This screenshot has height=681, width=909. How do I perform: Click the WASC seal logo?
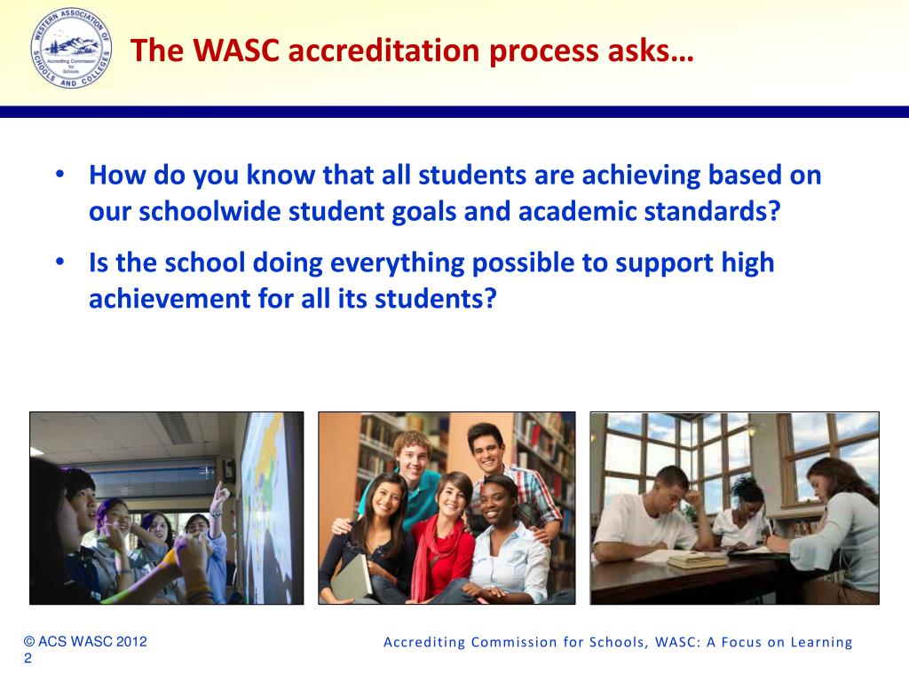pos(70,51)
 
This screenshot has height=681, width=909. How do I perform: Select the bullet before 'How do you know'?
pos(59,175)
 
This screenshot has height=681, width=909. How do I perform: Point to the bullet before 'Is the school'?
pos(59,263)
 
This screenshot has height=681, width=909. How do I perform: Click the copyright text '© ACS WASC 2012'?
pos(84,641)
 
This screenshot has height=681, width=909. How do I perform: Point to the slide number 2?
pos(28,658)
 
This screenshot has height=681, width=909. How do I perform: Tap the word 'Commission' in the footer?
pos(509,643)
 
